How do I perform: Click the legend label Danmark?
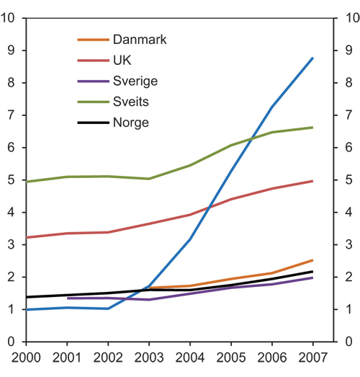pos(140,40)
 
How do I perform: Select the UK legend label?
pos(122,61)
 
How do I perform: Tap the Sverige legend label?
pos(135,81)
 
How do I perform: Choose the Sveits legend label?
pos(132,102)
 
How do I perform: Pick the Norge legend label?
pos(130,123)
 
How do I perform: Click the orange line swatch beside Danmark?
pos(93,40)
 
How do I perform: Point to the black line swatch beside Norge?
pos(93,123)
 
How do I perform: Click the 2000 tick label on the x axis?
pos(26,358)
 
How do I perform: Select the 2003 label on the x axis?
pos(149,358)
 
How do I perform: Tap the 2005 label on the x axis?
pos(231,358)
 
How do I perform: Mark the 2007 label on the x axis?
pos(312,358)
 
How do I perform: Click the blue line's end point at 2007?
pos(312,58)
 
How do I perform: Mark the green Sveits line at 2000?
pos(27,182)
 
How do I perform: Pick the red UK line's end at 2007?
pos(312,181)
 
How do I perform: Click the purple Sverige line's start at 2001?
pos(68,298)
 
